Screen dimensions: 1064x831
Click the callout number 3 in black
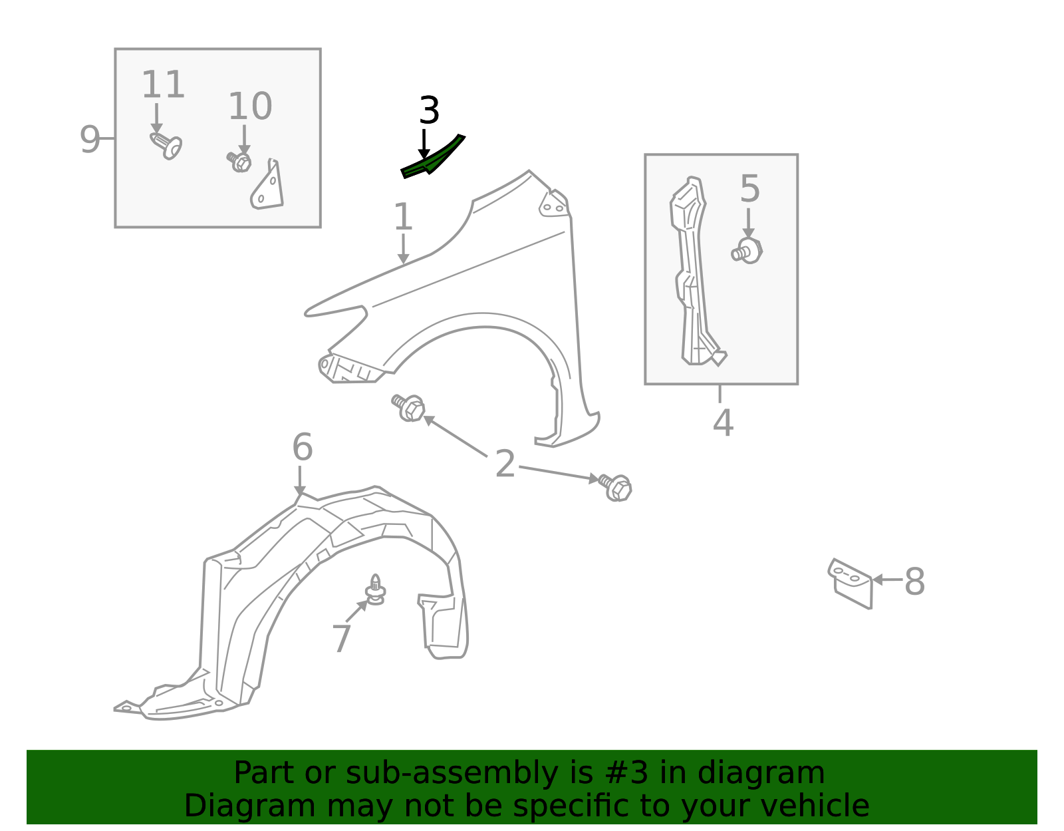[x=430, y=110]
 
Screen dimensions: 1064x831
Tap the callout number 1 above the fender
[x=403, y=216]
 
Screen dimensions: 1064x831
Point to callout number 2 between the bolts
[x=505, y=464]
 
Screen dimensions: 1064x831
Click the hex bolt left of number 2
[x=408, y=407]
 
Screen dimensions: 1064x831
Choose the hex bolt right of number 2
[x=615, y=487]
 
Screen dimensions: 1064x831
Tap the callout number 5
[x=749, y=188]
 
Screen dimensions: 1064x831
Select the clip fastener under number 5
[x=747, y=251]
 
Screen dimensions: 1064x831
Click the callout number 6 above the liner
[x=302, y=446]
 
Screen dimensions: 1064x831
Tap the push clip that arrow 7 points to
[x=375, y=589]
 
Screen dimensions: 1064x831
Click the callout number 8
[x=914, y=582]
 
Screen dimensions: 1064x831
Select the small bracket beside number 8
[x=851, y=583]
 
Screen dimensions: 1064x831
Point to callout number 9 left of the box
[x=90, y=140]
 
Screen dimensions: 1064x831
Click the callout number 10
[x=250, y=106]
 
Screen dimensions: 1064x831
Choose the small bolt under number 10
[x=239, y=162]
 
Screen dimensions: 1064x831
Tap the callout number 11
[x=163, y=84]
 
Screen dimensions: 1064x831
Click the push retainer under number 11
[x=166, y=146]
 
